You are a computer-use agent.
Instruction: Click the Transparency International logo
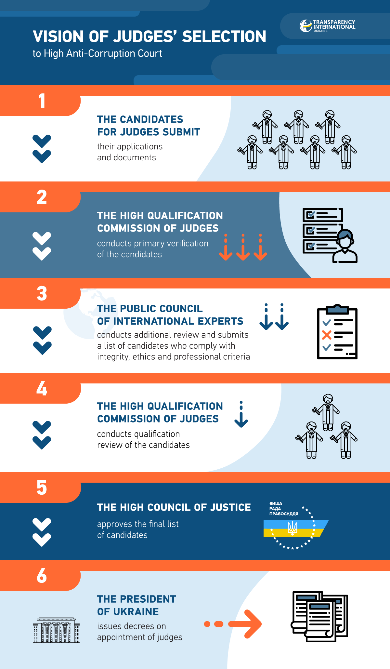327,26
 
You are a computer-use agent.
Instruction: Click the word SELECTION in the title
224,36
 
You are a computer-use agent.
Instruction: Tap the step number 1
42,101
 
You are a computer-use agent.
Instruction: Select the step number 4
42,388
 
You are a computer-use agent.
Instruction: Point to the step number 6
42,576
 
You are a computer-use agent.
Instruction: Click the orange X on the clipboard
327,335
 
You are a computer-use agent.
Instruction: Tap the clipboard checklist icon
337,332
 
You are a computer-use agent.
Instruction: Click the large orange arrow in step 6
245,624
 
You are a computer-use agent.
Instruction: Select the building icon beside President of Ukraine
56,630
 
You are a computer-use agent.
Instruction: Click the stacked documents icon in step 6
319,617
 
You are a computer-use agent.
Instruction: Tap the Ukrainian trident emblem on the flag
292,528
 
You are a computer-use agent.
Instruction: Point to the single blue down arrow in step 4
241,414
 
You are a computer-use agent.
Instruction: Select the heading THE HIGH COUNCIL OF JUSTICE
174,507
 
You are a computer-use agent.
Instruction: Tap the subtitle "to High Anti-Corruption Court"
97,53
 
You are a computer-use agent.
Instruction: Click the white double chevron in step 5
42,532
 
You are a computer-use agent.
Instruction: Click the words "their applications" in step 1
130,147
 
